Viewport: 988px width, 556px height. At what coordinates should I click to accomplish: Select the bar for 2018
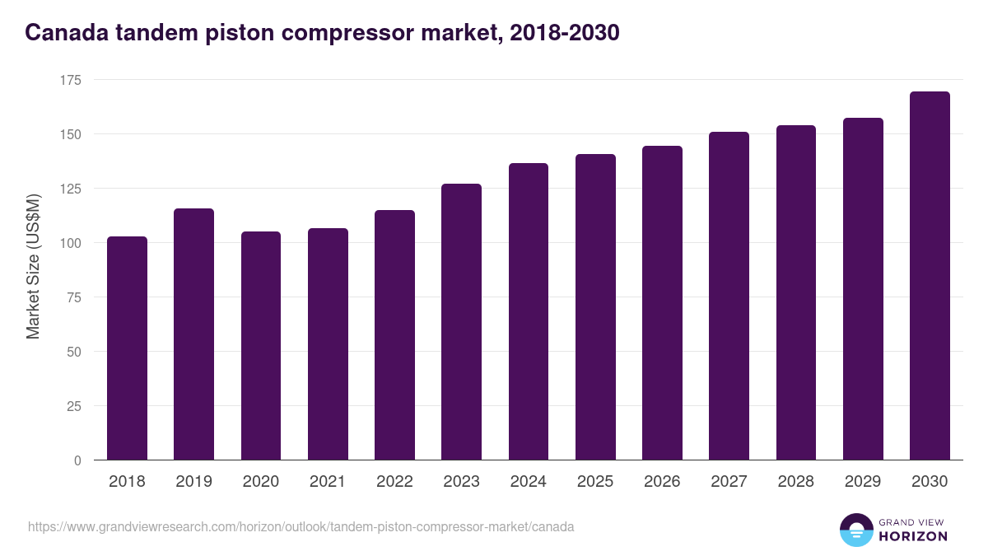pos(127,348)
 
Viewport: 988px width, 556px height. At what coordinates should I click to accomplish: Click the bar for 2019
pos(193,334)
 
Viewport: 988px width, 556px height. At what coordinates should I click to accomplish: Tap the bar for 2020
pos(261,346)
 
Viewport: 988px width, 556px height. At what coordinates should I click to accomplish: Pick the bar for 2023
pos(461,322)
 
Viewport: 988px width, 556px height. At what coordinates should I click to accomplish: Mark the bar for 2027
pos(729,296)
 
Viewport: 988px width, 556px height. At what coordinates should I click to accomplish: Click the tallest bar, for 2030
pos(930,276)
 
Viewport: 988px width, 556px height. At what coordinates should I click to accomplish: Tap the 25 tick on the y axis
pos(74,406)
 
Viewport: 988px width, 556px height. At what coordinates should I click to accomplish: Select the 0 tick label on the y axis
pos(77,460)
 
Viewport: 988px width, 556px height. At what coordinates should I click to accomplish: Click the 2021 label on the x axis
pos(328,482)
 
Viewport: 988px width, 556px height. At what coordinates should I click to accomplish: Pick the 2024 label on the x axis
pos(528,482)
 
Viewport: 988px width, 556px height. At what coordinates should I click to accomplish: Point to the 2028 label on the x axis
pos(795,482)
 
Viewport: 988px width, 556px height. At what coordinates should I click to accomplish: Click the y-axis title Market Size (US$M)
pos(33,267)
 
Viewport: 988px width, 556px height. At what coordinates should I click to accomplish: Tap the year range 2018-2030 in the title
pos(565,33)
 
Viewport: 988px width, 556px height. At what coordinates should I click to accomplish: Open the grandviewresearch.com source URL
pos(301,526)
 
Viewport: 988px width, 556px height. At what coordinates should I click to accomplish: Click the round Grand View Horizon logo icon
pos(856,530)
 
